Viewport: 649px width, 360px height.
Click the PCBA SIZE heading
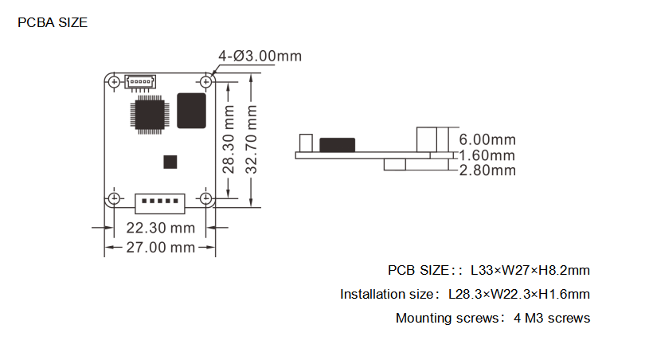[x=53, y=22]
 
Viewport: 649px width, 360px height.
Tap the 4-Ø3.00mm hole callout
[x=260, y=56]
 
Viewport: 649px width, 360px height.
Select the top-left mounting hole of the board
[x=114, y=82]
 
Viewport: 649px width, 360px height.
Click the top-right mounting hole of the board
[x=205, y=82]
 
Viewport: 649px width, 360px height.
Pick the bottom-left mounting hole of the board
[x=114, y=198]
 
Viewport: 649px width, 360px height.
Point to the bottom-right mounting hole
[x=205, y=198]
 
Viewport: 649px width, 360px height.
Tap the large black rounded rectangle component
[x=192, y=111]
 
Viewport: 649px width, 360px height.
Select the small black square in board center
[x=170, y=162]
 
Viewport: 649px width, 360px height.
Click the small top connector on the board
[x=140, y=82]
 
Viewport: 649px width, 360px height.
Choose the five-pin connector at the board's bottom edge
[x=160, y=204]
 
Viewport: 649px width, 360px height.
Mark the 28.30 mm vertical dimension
[x=229, y=139]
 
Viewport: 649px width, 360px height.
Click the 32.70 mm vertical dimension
[x=252, y=139]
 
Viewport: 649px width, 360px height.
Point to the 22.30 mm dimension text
[x=161, y=228]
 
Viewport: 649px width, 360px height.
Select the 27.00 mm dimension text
[x=161, y=248]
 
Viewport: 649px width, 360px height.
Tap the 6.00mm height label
[x=487, y=140]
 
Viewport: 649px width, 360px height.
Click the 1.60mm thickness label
[x=487, y=155]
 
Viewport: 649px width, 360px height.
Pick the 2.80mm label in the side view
[x=487, y=170]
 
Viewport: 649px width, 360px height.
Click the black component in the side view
[x=338, y=145]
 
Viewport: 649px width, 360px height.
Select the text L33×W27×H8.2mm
[x=530, y=270]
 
